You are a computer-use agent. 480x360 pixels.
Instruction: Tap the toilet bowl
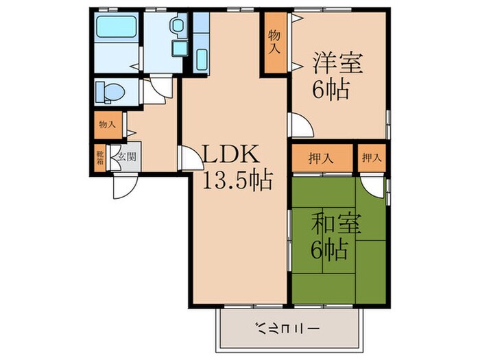106,92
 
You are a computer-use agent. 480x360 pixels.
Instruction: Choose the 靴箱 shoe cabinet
100,158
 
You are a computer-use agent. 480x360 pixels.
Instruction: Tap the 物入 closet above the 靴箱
106,125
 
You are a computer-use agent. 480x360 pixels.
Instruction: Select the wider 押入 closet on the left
321,158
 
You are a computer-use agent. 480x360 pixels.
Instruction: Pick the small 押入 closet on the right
371,158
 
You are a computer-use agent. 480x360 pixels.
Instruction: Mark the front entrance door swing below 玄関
125,186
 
